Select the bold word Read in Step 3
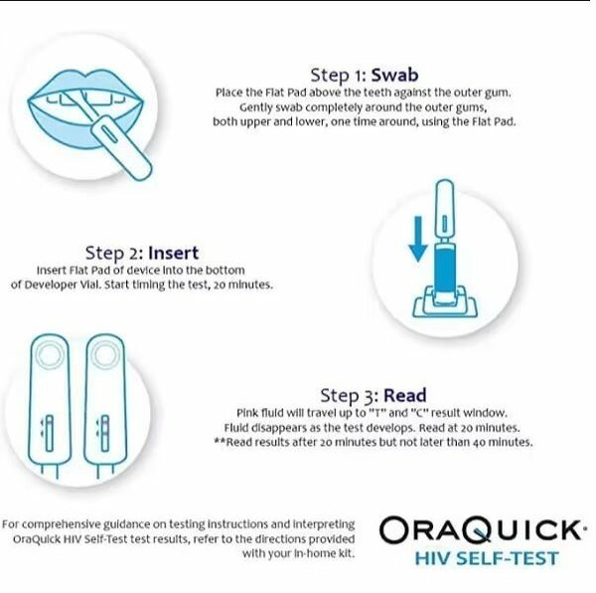406,394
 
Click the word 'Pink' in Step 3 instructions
247,413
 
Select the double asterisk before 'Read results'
219,441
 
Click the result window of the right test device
103,433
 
